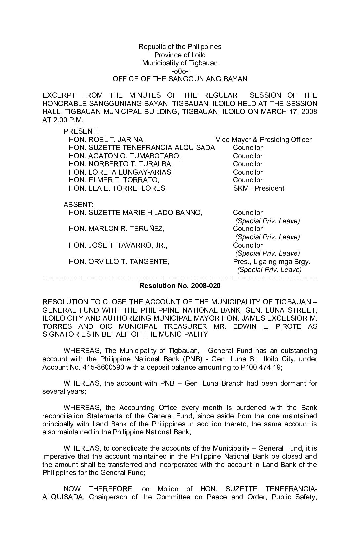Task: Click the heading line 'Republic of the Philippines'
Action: click(180, 47)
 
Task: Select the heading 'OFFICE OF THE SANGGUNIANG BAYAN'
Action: click(180, 79)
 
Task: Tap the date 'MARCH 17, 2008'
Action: click(289, 112)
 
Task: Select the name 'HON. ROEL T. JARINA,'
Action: click(107, 140)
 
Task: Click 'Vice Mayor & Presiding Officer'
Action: click(263, 140)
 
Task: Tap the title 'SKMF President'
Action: click(258, 188)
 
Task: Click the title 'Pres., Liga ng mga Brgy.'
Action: click(272, 262)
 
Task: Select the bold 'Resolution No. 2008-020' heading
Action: click(180, 286)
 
